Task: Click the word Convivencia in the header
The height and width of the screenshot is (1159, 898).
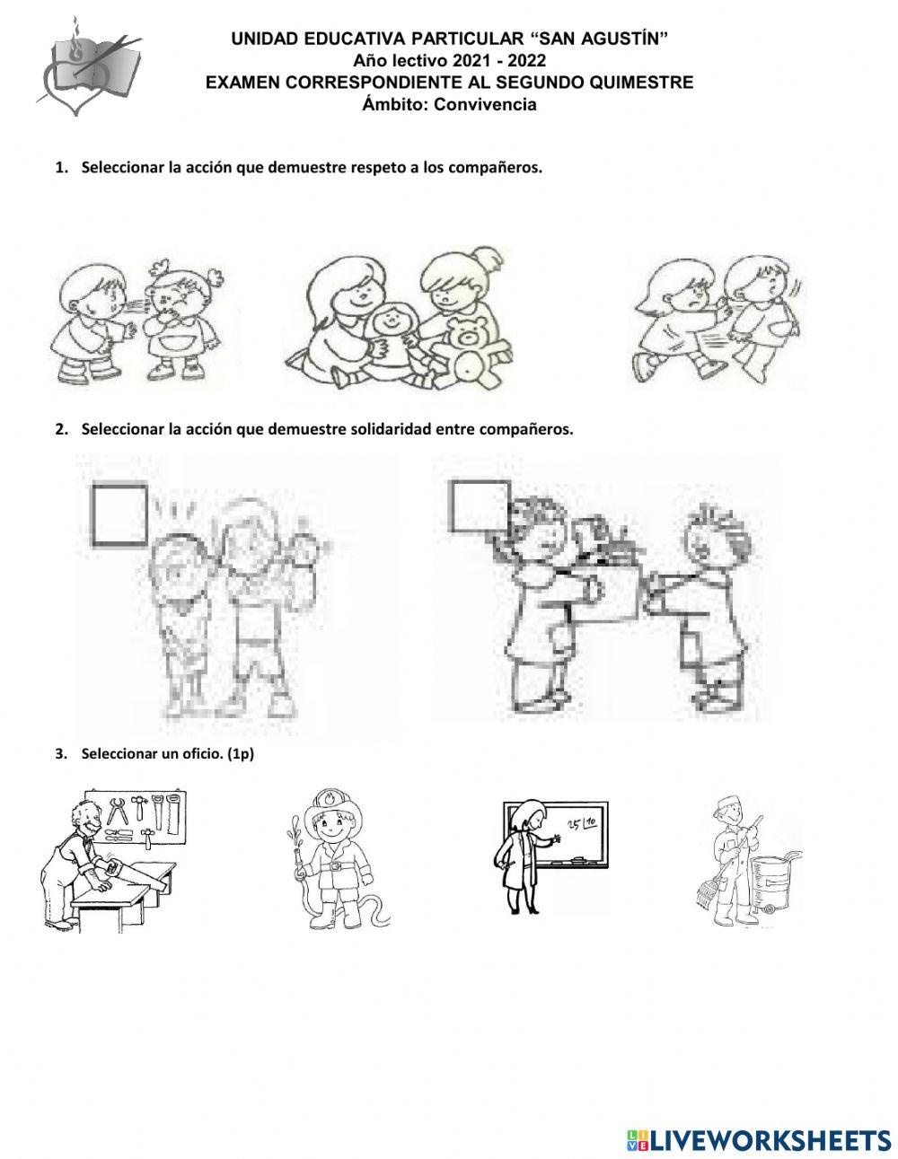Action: point(484,104)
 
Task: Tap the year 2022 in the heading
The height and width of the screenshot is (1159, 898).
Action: point(526,61)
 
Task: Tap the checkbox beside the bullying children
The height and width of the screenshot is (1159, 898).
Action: point(119,514)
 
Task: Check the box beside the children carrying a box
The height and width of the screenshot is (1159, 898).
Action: point(480,505)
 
